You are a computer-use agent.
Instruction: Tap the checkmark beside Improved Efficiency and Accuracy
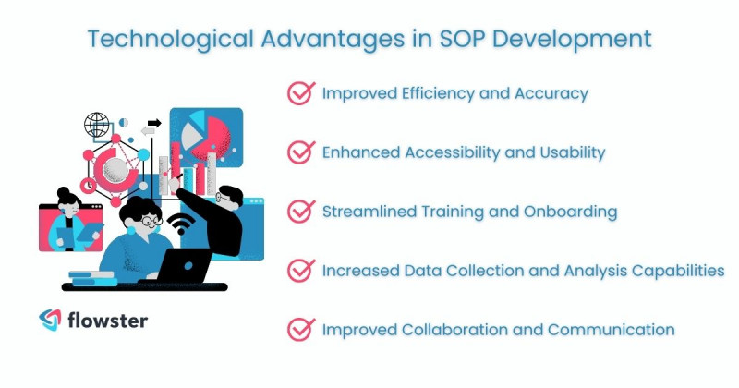300,92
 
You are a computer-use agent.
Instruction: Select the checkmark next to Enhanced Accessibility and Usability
300,152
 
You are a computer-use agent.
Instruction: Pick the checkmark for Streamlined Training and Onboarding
300,211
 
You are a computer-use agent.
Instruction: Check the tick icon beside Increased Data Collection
300,270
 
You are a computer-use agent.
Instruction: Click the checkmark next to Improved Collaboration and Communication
300,329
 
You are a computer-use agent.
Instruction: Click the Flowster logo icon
50,321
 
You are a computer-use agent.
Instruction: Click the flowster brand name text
107,321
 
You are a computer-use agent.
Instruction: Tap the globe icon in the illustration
96,124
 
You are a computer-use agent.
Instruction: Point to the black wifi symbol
183,224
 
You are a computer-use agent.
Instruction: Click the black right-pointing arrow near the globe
154,123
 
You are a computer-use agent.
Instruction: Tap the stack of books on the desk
91,277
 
